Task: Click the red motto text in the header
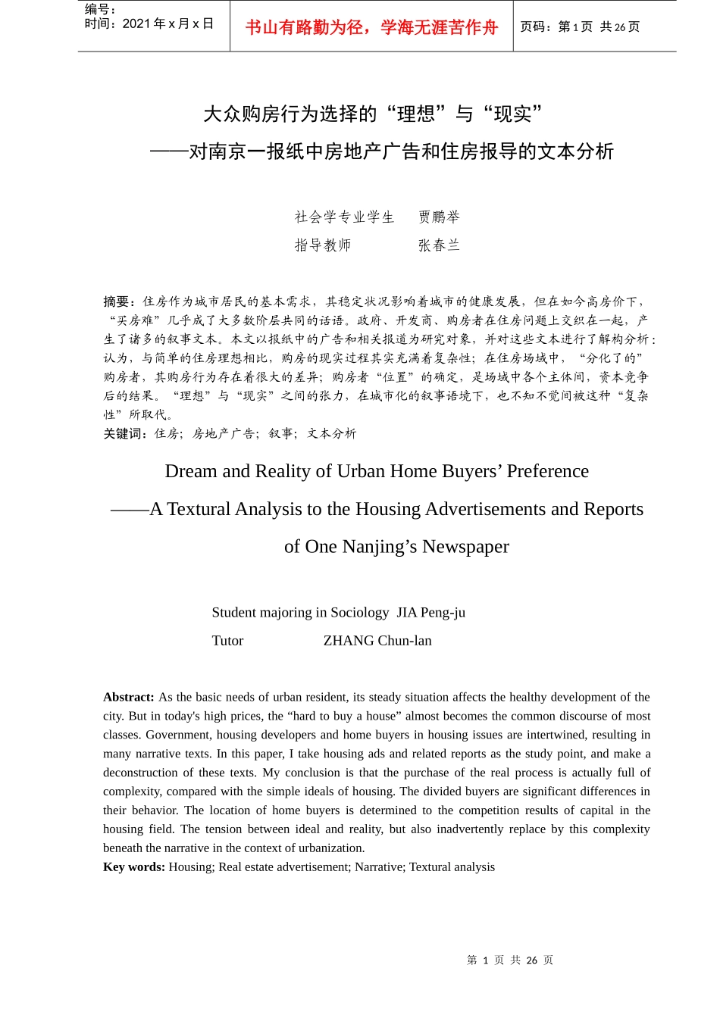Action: [371, 28]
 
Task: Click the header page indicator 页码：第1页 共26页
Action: [580, 27]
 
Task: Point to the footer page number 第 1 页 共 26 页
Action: [510, 960]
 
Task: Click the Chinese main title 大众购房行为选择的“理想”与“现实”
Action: [373, 114]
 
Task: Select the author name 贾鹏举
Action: [440, 217]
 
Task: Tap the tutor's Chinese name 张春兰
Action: [440, 245]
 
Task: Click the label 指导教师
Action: [323, 245]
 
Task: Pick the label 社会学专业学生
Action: [345, 217]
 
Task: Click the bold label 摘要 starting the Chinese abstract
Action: [118, 301]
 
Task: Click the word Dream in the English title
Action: [191, 471]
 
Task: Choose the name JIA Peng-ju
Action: [430, 613]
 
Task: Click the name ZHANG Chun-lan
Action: [377, 641]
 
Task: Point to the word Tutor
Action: [227, 641]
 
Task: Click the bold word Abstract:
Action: [129, 697]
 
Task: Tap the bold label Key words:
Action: [134, 867]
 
